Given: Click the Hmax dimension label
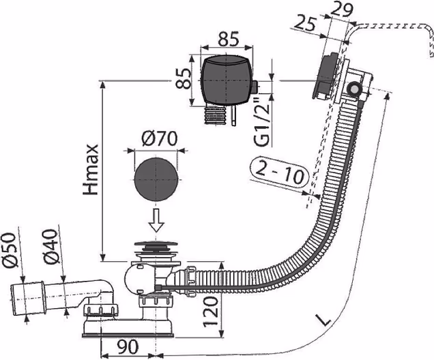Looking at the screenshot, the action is [91, 170].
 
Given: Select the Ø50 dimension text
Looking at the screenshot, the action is [10, 250].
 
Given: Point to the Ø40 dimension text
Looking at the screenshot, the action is [51, 246].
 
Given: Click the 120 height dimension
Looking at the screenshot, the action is [212, 311].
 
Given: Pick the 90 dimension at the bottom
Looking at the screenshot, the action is [127, 346].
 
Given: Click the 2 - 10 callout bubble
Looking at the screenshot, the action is [280, 172].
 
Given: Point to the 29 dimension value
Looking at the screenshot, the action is [341, 10].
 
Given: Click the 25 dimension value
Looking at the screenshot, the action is [304, 24].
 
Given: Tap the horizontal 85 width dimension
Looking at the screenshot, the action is [228, 38].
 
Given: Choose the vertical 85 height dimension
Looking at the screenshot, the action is [184, 78].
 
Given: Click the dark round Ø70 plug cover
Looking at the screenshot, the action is [156, 179].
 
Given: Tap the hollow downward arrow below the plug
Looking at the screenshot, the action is [157, 220].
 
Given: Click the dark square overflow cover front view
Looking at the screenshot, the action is [227, 80].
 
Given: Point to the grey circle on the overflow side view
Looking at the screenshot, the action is [353, 89].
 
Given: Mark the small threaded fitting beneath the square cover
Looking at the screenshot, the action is [215, 114].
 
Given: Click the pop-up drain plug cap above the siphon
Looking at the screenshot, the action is [156, 245].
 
